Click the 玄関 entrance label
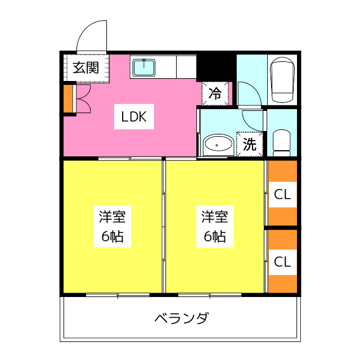coord(85,67)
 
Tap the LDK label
coord(134,116)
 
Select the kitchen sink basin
coord(144,67)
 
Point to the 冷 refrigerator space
coord(215,93)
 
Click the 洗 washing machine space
coord(250,144)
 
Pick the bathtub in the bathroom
coord(282,79)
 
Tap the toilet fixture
coord(282,143)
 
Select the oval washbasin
coord(218,144)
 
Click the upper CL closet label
coord(282,195)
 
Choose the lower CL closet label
coord(282,262)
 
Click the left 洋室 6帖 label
coord(112,226)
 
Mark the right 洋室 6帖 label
coord(215,226)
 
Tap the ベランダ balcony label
coord(182,318)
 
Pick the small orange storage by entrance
coord(68,99)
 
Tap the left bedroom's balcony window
coord(118,295)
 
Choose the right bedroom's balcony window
coord(210,295)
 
